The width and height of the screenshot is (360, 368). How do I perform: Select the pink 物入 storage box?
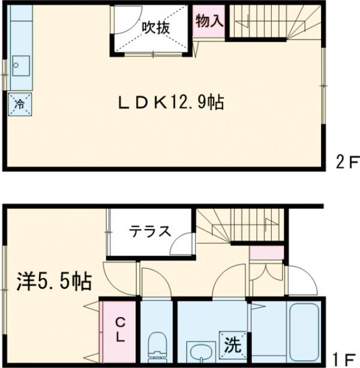[x=209, y=22]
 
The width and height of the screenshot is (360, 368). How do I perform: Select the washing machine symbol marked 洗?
[x=232, y=344]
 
